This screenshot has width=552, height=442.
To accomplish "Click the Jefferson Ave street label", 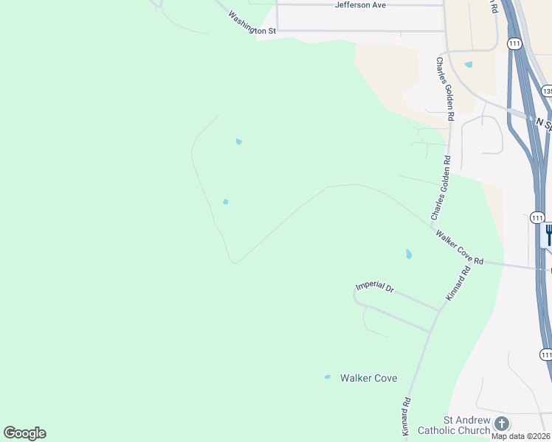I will [x=360, y=5].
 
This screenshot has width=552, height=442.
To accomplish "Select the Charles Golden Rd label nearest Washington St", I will [x=445, y=88].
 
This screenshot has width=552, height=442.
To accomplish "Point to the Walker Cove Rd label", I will [x=459, y=248].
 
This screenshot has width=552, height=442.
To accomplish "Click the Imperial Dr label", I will [x=375, y=286].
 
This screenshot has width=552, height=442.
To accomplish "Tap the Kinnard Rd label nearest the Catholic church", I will [x=406, y=416].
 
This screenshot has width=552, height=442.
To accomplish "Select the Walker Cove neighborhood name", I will [x=368, y=378].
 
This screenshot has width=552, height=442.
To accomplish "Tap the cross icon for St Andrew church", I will [x=502, y=424].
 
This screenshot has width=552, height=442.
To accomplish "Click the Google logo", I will [x=24, y=432].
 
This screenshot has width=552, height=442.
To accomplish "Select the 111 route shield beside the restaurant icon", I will [x=537, y=218].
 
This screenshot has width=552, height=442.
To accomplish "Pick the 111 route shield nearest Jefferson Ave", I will [x=514, y=44].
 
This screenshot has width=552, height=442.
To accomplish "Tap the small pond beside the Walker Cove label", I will [x=328, y=377].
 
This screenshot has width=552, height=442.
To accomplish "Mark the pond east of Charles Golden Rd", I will [x=469, y=65].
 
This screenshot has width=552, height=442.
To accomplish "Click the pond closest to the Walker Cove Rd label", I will [x=409, y=254].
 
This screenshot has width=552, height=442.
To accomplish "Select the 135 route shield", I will [x=547, y=91].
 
